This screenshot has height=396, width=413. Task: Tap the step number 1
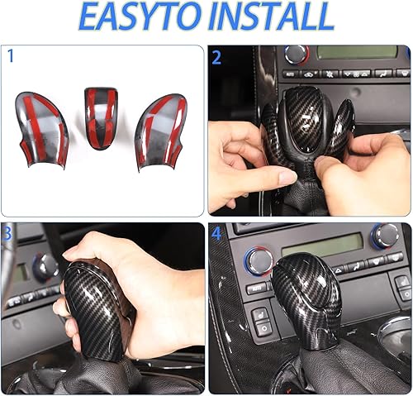[x=10, y=56]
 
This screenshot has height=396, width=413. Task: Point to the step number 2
[x=217, y=57]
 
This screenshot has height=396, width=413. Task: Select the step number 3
[x=7, y=234]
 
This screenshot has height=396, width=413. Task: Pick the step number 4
[x=217, y=234]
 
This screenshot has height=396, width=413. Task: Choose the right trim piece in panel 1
[x=161, y=127]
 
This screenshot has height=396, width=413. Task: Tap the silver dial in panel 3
[x=45, y=266]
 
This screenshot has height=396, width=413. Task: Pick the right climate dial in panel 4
[x=384, y=236]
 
